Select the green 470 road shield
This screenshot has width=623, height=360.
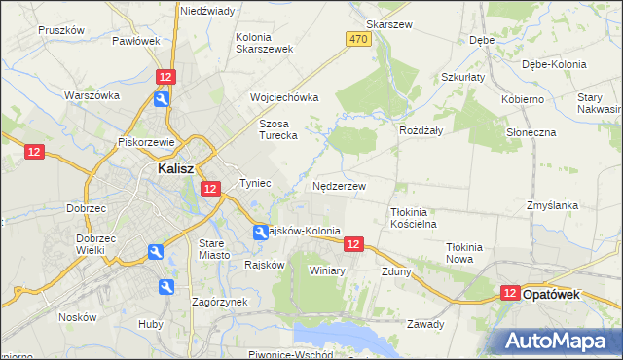(357, 39)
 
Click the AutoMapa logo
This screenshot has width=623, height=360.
(562, 341)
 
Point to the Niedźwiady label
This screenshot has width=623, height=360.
(207, 11)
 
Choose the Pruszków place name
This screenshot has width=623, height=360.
(63, 30)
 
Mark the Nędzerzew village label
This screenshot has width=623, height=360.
(340, 185)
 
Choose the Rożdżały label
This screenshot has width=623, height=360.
(421, 129)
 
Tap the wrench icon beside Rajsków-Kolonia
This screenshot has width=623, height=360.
(261, 233)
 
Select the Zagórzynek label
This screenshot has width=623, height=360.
(219, 302)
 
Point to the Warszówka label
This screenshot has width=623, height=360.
(92, 95)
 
